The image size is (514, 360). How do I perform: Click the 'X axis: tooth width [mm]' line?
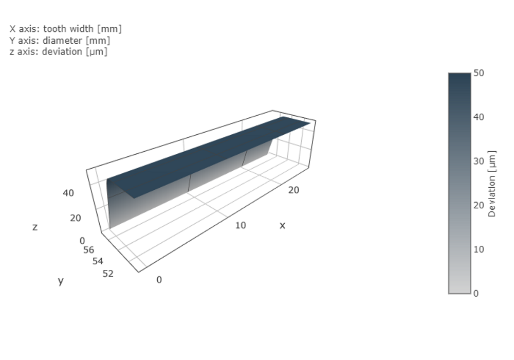65,29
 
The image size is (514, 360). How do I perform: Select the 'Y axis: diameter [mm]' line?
60,40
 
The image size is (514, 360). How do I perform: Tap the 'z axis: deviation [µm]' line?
59,51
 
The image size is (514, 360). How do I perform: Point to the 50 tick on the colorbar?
479,74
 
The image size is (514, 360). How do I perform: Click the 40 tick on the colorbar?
479,117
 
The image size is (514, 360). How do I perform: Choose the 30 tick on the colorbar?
479,161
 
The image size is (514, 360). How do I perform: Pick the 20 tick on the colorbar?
479,205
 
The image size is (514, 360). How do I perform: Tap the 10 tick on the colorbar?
479,249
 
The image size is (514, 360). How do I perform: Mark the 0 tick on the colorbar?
476,293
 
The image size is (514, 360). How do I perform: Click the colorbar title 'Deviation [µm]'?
492,184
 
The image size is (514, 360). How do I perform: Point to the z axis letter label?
35,227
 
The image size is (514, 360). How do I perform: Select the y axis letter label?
61,280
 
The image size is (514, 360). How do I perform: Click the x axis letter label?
282,225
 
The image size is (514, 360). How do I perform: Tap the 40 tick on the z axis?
68,193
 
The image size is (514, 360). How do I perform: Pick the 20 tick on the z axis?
76,218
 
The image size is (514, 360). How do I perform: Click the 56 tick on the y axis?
88,250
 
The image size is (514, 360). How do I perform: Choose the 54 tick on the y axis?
98,261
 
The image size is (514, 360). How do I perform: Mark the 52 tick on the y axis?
108,274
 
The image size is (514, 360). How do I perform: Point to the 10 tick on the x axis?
241,225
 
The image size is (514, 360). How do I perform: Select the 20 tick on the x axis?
293,190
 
